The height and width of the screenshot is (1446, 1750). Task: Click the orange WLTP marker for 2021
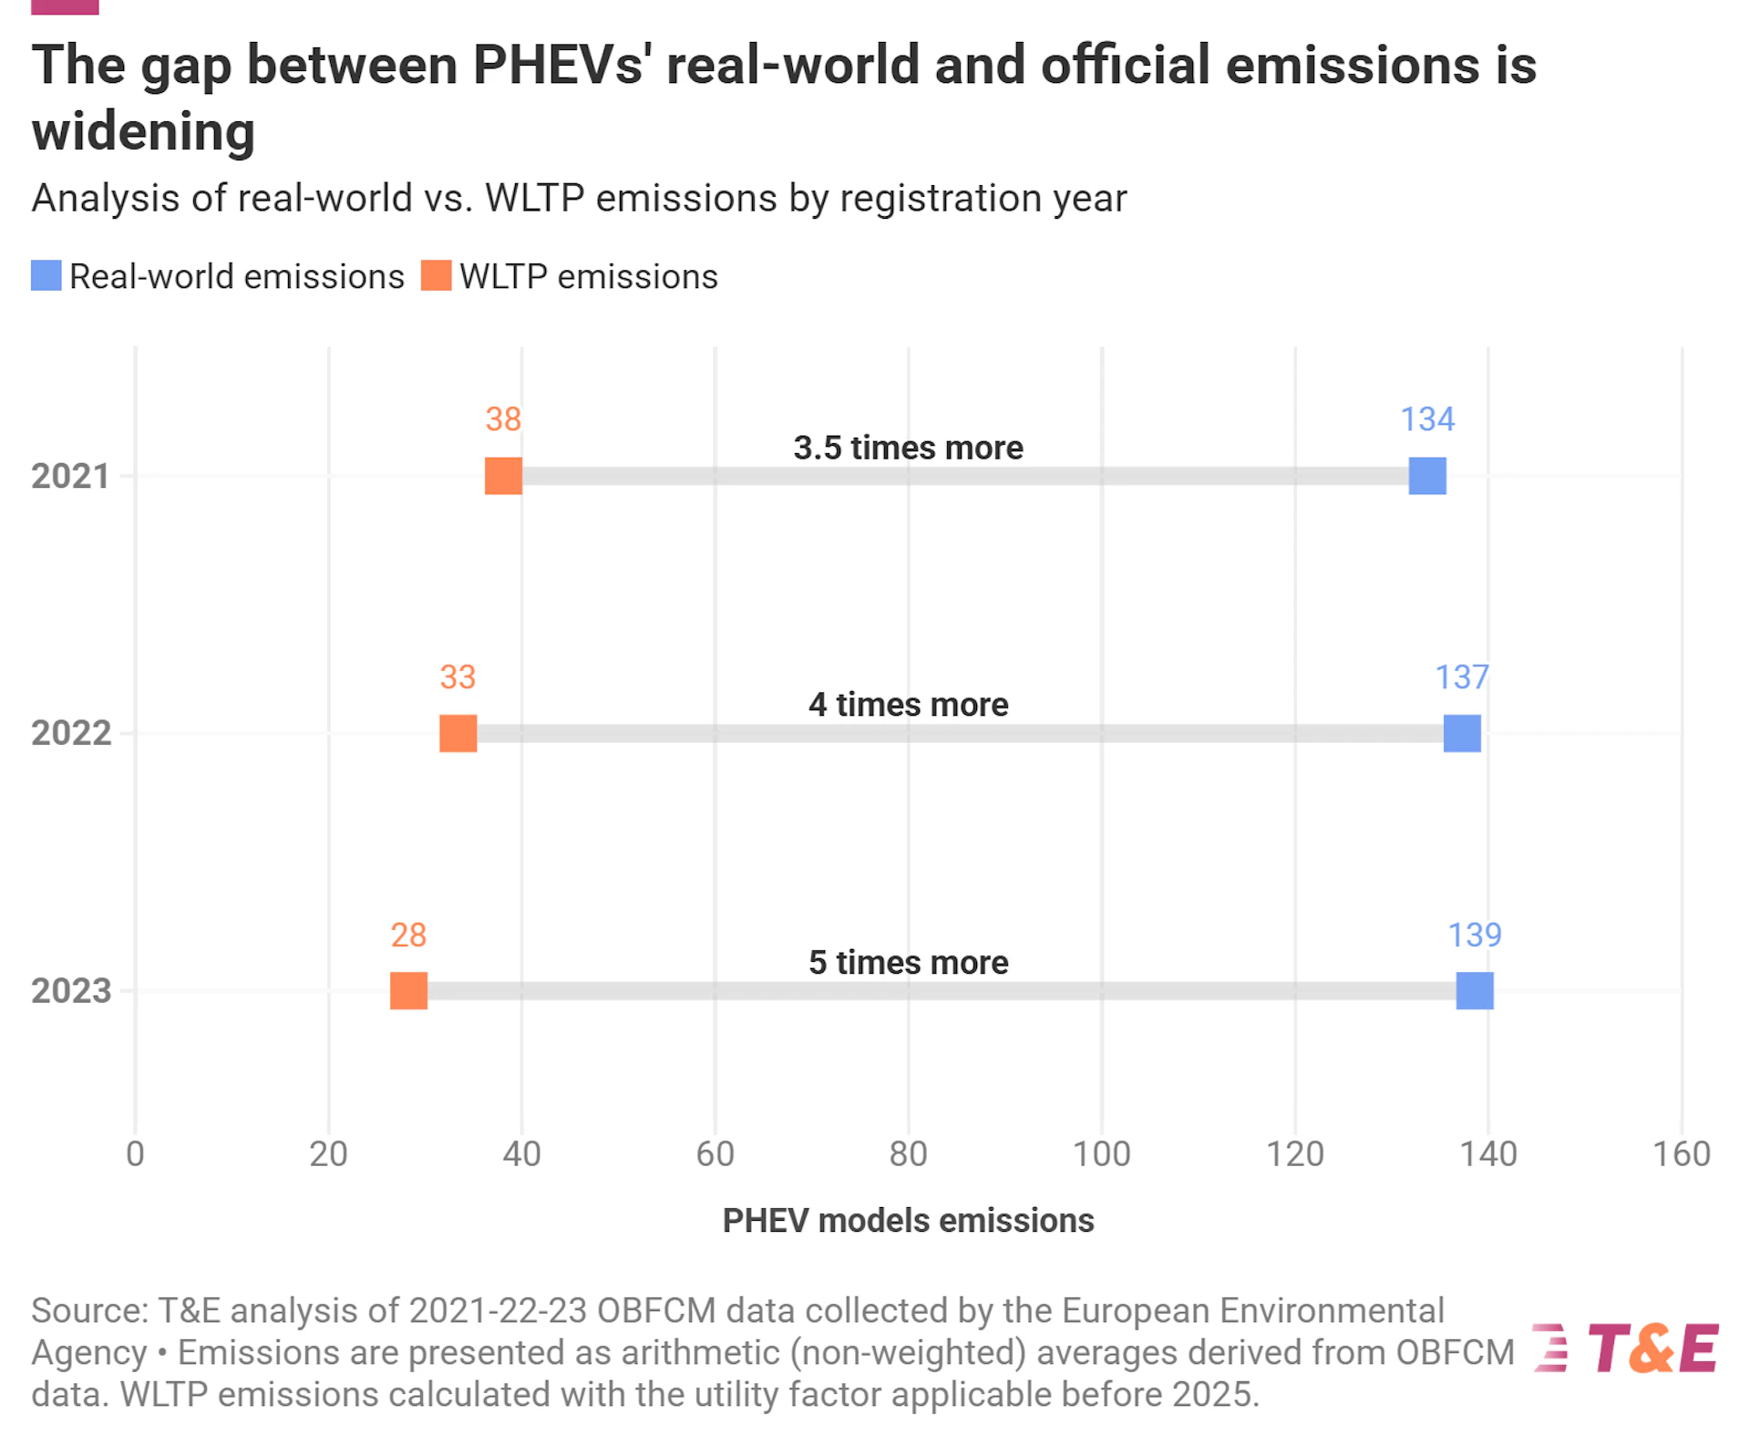(x=503, y=476)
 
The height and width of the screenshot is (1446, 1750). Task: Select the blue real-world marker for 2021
(x=1427, y=476)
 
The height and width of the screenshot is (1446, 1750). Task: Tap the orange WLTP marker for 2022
(x=458, y=733)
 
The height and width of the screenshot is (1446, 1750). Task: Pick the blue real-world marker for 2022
(x=1462, y=733)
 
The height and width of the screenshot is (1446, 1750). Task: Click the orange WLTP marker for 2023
(x=408, y=991)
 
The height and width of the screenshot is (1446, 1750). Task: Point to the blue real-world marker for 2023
(x=1475, y=991)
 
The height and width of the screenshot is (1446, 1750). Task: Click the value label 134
(x=1427, y=419)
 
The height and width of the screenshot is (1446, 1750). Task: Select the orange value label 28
(x=408, y=935)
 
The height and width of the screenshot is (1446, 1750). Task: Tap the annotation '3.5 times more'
(x=908, y=448)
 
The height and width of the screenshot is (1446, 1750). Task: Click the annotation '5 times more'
(x=908, y=963)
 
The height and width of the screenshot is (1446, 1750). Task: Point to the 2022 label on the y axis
(x=71, y=733)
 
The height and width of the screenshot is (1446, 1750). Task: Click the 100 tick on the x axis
(x=1101, y=1154)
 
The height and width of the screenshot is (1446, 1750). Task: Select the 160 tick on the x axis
(x=1682, y=1154)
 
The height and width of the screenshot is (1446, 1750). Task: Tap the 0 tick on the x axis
(x=135, y=1154)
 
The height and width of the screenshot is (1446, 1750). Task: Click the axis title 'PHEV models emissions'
(x=908, y=1221)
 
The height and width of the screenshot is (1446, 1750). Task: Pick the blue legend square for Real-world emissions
(x=46, y=275)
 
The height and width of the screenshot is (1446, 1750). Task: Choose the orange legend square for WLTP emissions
(x=437, y=275)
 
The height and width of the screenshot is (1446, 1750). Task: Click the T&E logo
(x=1627, y=1348)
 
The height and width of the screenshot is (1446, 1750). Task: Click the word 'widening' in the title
(x=143, y=132)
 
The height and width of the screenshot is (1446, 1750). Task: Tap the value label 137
(x=1462, y=677)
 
